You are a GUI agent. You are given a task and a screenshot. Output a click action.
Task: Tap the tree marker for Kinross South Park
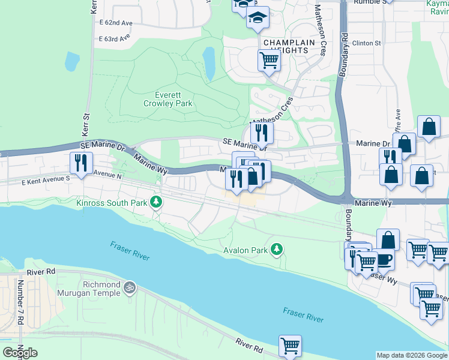point(156,202)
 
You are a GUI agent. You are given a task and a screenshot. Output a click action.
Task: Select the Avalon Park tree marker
point(276,248)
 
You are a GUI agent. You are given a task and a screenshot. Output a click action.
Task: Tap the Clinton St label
point(367,43)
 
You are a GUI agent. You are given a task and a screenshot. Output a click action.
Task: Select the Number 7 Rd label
point(20,303)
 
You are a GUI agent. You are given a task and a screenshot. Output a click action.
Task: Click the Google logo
point(20,353)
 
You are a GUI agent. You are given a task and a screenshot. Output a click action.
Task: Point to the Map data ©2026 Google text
point(412,355)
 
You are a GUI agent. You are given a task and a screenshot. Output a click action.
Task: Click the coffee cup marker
point(384,259)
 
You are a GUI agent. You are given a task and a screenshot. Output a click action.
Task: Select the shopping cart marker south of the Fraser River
point(290,345)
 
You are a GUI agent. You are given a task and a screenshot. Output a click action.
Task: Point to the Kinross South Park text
point(112,203)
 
